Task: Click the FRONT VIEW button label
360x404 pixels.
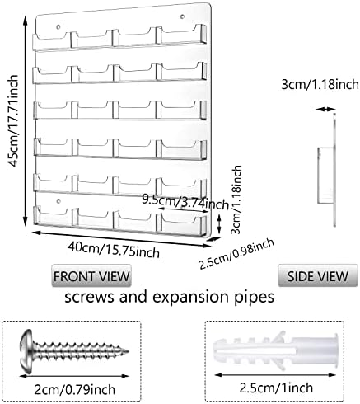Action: (91, 276)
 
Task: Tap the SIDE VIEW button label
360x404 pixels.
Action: (318, 276)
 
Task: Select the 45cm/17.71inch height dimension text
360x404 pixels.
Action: (13, 121)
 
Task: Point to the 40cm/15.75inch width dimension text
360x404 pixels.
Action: (114, 249)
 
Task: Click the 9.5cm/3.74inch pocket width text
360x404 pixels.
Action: (185, 202)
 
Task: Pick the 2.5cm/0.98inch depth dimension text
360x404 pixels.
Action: (236, 254)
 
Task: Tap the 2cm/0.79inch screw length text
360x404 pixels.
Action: (75, 389)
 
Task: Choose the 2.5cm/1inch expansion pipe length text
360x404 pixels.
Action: (276, 388)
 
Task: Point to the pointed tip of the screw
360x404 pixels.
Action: (129, 351)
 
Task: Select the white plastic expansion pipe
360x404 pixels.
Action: (275, 350)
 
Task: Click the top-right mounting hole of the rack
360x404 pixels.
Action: (182, 16)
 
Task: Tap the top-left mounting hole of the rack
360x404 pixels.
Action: (58, 27)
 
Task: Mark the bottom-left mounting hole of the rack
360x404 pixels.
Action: (58, 201)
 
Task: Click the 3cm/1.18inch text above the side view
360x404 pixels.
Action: (320, 84)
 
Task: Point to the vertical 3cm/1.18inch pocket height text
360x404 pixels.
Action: (236, 200)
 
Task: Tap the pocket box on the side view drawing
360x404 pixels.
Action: (326, 176)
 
